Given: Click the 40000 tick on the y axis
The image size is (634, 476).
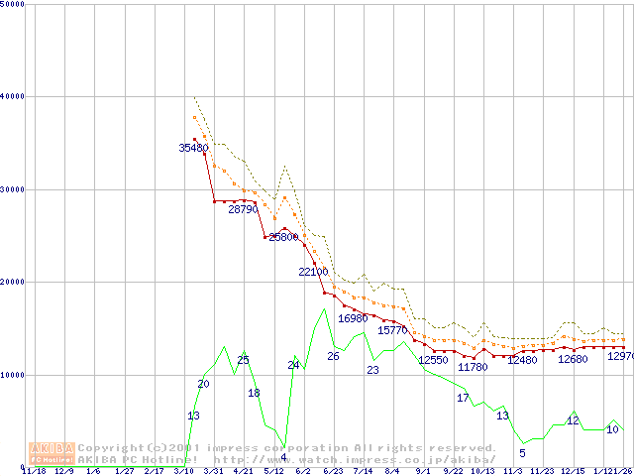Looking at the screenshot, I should coord(12,96).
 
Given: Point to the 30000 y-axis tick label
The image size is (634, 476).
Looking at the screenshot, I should coord(12,189).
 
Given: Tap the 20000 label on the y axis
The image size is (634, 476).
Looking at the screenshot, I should coord(12,282).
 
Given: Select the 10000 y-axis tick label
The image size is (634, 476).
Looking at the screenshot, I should coord(12,375).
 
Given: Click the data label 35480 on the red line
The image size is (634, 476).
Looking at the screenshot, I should coord(193,148).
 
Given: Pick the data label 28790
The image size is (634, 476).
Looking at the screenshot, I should coord(243,209).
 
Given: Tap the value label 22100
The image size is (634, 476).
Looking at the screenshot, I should coord(312,272).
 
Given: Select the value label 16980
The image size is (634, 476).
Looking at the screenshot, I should coord(353,318).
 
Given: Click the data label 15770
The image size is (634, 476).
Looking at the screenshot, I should coord(393,330).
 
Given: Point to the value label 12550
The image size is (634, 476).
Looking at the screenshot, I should coord(433,360).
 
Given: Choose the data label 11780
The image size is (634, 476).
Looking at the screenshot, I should coord(473,367).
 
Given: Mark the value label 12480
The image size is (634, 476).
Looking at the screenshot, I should coord(522,360).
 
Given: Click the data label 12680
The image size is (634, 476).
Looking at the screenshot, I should coord(573,359).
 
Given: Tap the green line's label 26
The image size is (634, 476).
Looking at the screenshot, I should coord(333,356).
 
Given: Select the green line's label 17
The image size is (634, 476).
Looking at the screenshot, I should coord(463,398).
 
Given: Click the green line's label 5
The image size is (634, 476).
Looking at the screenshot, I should coord(522,453).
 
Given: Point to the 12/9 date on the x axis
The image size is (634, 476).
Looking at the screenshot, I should coord(64,471).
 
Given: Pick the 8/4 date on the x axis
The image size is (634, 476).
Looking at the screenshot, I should coord(392,471).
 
